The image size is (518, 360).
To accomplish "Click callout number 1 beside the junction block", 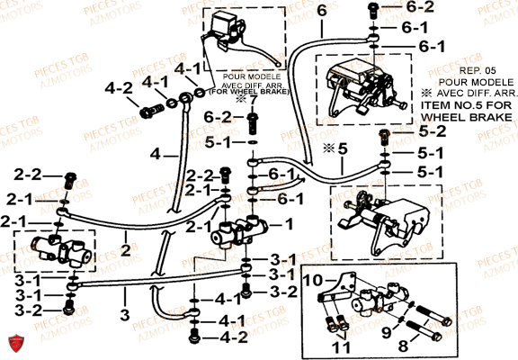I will (290, 224).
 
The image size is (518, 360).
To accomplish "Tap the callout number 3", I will (124, 314).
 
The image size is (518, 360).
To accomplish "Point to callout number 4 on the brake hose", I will (156, 154).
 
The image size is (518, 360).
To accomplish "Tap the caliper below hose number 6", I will (358, 86).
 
